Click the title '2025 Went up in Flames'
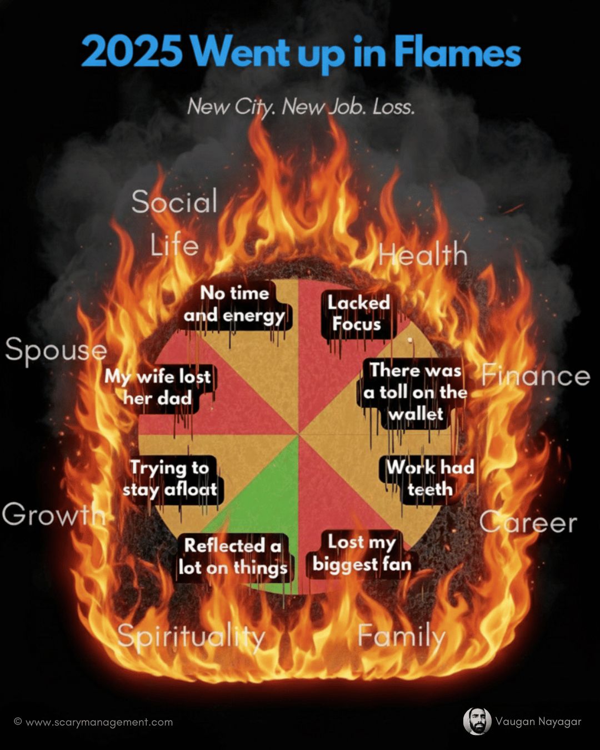point(301,53)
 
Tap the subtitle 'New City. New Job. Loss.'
point(301,106)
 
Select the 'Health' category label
point(423,255)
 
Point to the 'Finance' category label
point(535,376)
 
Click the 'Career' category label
point(528,523)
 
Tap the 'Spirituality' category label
point(191,637)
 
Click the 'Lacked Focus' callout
point(358,314)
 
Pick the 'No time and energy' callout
point(234,304)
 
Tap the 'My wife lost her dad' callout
point(158,387)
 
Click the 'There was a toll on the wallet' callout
point(415,392)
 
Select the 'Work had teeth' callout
point(429,478)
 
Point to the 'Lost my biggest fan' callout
point(362,553)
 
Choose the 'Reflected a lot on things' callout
point(233,557)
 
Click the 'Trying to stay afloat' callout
point(170,478)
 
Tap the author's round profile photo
point(477,721)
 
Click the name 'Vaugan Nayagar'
point(538,722)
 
